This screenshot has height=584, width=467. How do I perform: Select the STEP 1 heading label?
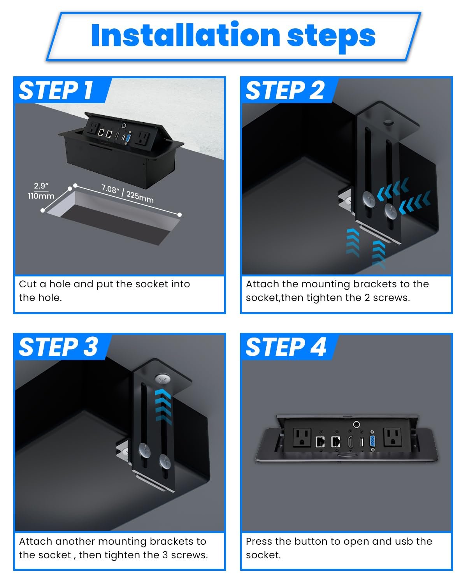click(x=56, y=90)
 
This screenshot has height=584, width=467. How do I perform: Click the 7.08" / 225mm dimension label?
click(x=128, y=193)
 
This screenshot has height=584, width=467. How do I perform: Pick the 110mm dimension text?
click(x=41, y=196)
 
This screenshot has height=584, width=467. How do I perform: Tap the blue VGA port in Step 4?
click(x=373, y=441)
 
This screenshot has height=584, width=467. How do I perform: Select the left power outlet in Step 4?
click(x=302, y=438)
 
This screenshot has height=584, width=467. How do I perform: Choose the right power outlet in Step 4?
click(x=392, y=437)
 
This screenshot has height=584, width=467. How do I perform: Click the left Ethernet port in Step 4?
click(x=320, y=442)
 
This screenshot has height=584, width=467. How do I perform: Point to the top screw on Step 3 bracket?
click(x=163, y=379)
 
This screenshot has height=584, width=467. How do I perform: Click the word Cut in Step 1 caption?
click(x=28, y=284)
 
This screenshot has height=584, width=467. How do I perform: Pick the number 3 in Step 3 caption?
click(x=165, y=555)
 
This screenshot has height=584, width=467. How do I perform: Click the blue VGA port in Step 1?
click(x=128, y=138)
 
